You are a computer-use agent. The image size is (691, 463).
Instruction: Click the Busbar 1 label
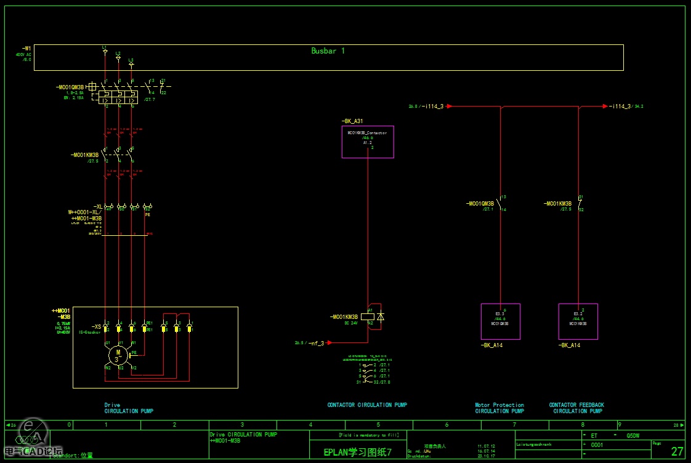click(328, 51)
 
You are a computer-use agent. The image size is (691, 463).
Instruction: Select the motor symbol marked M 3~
click(118, 355)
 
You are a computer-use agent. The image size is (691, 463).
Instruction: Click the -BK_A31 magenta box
click(368, 142)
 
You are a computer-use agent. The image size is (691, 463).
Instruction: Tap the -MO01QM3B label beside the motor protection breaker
click(69, 87)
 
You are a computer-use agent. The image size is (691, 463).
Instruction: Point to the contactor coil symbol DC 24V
click(370, 317)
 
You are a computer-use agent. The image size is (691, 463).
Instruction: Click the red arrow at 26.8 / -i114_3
click(449, 106)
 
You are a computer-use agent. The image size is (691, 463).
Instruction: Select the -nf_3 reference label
click(317, 343)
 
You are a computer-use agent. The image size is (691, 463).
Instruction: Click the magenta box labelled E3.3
click(500, 321)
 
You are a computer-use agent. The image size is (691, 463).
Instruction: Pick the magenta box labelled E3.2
click(578, 321)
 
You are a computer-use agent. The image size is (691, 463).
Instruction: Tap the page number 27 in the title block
click(677, 451)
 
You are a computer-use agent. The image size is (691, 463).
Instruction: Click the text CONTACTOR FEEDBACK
click(576, 405)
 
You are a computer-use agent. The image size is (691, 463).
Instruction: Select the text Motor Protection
click(499, 405)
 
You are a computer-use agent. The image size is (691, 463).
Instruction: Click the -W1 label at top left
click(26, 48)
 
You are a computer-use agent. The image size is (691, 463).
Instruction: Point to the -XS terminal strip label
click(96, 326)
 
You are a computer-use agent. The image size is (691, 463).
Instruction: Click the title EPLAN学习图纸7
click(358, 452)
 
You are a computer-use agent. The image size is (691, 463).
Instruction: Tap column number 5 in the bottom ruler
click(378, 425)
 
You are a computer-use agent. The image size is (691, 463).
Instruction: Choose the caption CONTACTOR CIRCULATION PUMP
click(367, 405)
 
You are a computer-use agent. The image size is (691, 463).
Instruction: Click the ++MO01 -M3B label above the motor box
click(61, 313)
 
